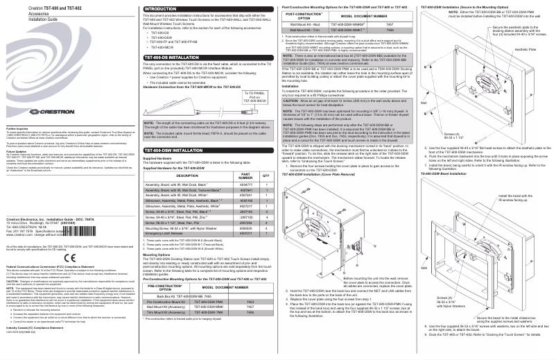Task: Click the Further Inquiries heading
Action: point(18,147)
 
